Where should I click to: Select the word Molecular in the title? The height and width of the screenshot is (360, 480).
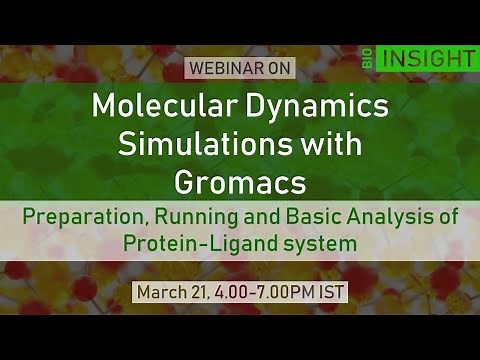160,105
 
